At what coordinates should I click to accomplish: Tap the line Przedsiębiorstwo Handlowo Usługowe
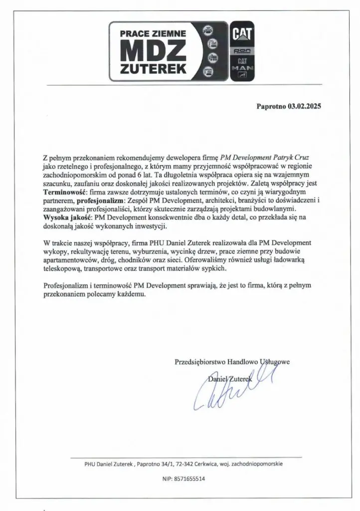(x=232, y=361)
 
